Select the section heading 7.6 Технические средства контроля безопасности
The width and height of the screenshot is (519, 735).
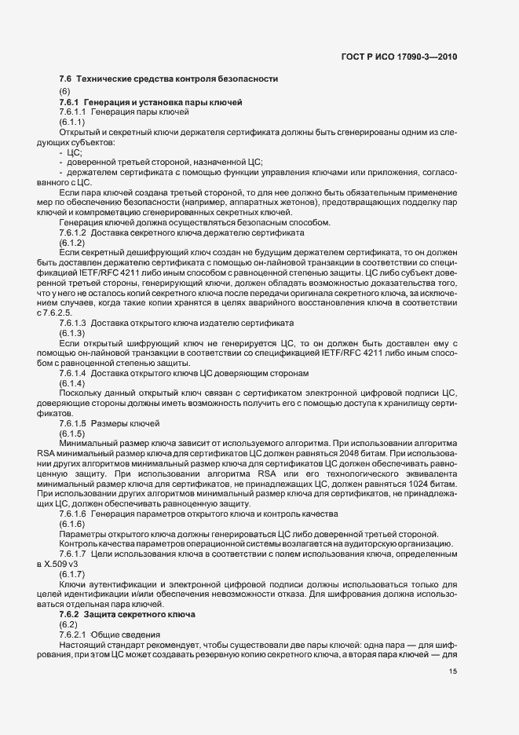coord(168,79)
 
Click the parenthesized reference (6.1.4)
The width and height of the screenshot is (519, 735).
coord(71,382)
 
